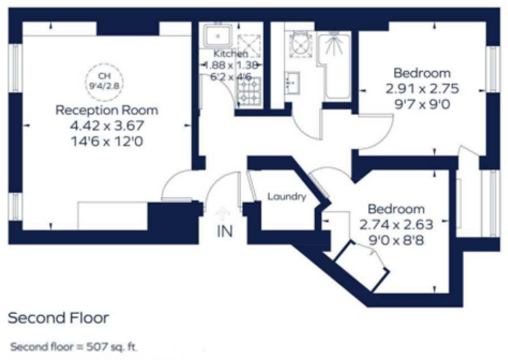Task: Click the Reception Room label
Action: coord(107,110)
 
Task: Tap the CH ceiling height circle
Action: coord(104,81)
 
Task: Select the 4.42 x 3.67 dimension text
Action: coord(107,126)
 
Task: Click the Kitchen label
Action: coord(230,53)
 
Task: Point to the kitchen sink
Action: coord(217,36)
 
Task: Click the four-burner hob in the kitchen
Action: coord(249,92)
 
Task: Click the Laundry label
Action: coord(287,197)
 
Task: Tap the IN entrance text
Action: coord(225,231)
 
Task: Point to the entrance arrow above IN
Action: coord(222,213)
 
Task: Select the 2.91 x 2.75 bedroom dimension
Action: coord(422,89)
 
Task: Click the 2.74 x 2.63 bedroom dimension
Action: coord(396,225)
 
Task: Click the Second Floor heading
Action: coord(58,318)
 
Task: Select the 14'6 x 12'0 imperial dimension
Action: coord(107,141)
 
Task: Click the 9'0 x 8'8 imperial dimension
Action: coord(396,240)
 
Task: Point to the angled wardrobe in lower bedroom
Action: coord(362,267)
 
